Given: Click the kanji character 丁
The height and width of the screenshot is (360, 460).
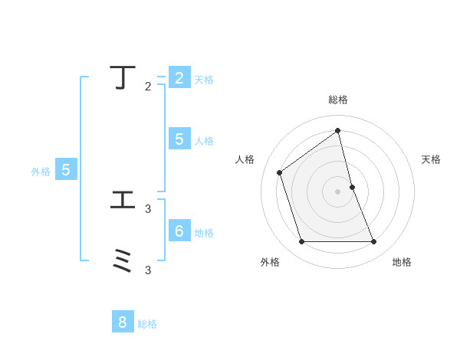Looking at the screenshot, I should tap(123, 77).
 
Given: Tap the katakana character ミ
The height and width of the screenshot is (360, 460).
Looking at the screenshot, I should tap(123, 261).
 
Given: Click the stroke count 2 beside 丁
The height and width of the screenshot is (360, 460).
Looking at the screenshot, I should tap(148, 87).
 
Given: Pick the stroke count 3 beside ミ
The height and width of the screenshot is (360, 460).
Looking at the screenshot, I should tap(148, 270).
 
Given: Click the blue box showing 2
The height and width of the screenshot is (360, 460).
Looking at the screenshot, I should tap(179, 78).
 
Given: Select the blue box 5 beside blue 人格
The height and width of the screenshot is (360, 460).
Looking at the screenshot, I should tap(179, 139).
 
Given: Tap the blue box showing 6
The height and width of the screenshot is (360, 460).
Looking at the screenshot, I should tap(179, 231).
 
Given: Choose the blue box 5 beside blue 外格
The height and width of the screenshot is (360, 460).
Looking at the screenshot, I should tap(66, 170).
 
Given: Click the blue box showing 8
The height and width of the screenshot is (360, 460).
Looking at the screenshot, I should tap(122, 322).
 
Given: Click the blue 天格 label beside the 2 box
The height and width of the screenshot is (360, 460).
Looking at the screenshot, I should tap(204, 80).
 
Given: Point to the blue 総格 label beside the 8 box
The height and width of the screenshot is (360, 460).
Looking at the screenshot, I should tap(147, 324).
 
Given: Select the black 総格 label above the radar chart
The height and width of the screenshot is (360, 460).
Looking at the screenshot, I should tap(338, 100).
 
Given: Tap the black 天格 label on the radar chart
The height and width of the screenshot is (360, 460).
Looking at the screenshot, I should tap(431, 159).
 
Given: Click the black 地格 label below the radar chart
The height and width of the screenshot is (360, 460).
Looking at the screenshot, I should tap(402, 262).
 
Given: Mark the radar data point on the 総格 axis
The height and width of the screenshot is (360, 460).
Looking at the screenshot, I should tap(338, 130).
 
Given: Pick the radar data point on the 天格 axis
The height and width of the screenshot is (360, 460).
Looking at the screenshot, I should tap(352, 187).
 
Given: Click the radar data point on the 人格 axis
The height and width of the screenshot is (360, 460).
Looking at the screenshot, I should tap(280, 172).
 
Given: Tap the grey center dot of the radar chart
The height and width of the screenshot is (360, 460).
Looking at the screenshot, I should tap(338, 191).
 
